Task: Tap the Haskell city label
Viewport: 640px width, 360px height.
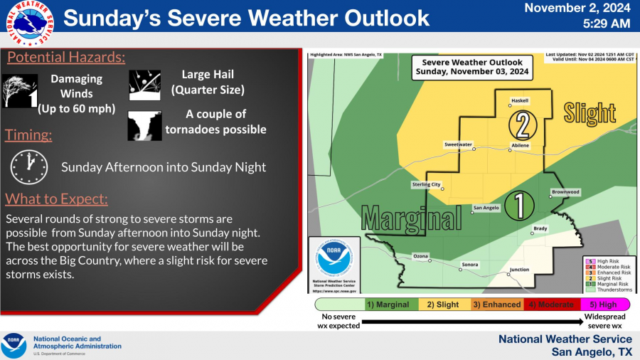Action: click(x=520, y=101)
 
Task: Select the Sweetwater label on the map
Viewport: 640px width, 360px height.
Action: click(x=458, y=144)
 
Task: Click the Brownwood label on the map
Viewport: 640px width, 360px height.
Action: click(x=566, y=192)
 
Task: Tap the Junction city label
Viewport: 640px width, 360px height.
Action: click(x=520, y=270)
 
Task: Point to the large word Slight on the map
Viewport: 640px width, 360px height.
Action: click(x=590, y=112)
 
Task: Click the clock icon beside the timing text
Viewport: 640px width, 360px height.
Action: click(x=28, y=166)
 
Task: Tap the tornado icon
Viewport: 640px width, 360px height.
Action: click(x=144, y=125)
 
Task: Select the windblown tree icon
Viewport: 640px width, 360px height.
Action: click(x=18, y=90)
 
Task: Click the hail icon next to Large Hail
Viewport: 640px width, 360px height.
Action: click(x=144, y=85)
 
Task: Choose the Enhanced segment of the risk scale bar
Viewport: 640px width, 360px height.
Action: click(x=497, y=305)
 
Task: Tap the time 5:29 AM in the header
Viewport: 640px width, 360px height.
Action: click(x=597, y=24)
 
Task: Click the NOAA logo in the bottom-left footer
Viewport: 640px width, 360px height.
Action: click(x=14, y=345)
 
